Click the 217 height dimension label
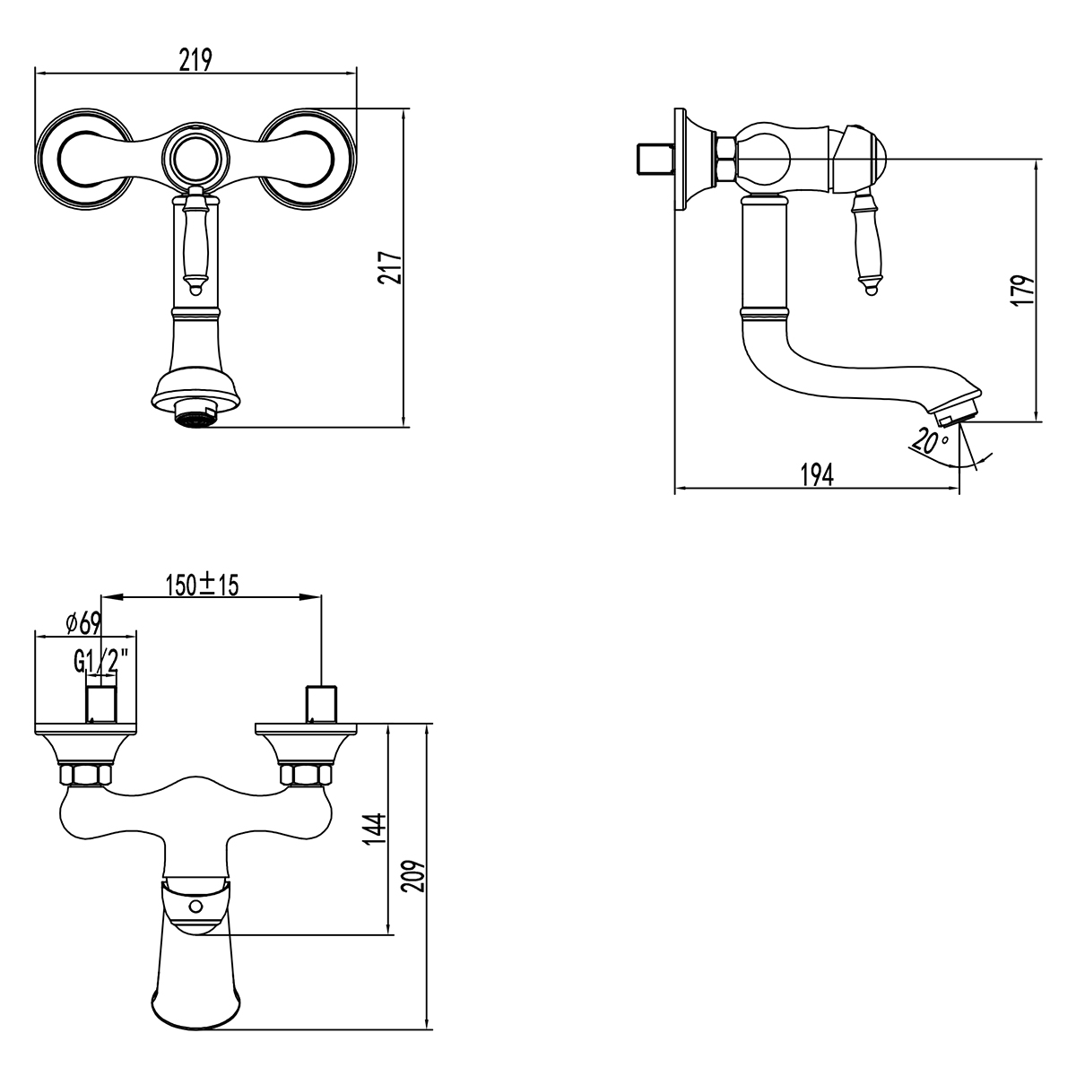388,266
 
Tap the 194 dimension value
818,475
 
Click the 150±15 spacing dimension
202,586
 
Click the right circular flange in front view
308,158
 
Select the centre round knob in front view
196,157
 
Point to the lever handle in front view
196,242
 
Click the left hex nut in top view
85,775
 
